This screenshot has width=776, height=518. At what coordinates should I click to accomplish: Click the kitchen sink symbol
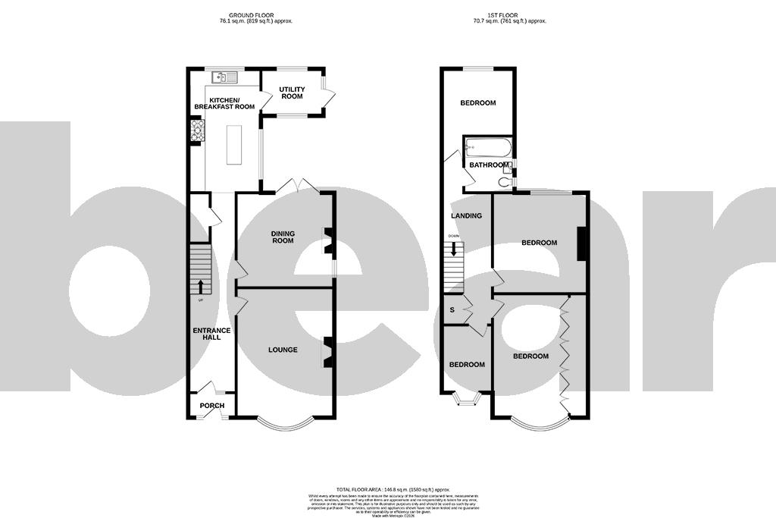tap(226, 77)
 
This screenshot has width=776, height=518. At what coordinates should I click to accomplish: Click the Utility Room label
tap(291, 93)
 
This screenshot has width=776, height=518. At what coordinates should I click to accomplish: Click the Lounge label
tap(283, 350)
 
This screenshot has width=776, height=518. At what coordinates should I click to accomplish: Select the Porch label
tap(212, 406)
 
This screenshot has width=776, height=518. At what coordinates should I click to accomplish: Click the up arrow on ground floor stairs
tap(201, 286)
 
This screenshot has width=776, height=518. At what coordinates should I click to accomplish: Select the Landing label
tap(466, 215)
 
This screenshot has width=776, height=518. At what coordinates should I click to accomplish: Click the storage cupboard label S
tap(453, 309)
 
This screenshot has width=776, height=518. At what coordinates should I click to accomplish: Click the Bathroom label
tap(488, 165)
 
